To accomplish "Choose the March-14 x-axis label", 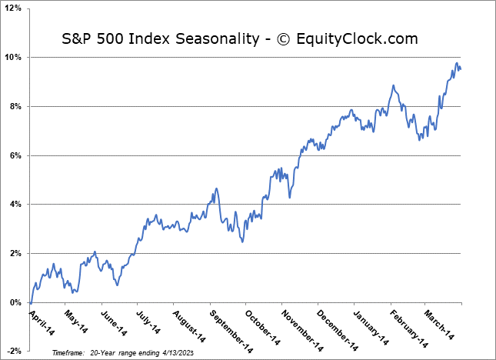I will pos(438,320).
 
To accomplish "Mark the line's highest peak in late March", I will pos(457,63).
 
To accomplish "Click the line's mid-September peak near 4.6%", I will pos(217,188).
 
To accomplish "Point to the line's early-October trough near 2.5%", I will pos(242,242).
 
